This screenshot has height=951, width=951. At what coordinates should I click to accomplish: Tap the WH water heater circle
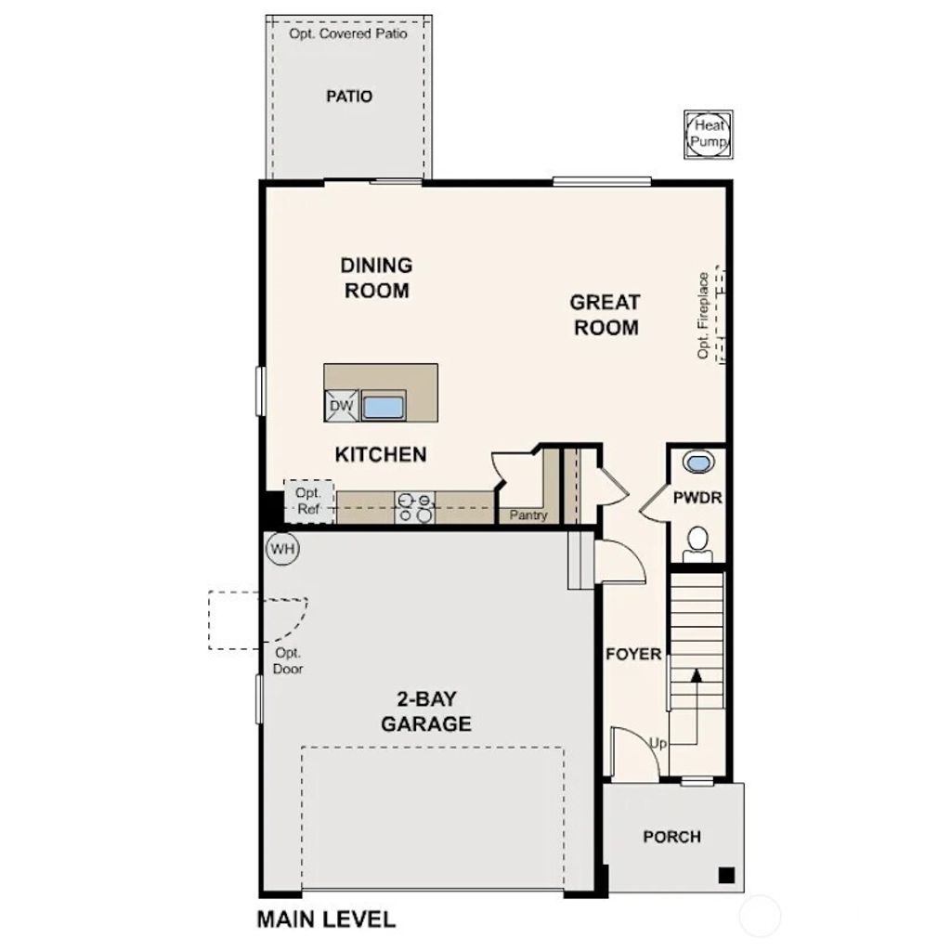pyautogui.click(x=283, y=549)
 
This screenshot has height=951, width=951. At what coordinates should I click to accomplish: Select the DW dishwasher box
pyautogui.click(x=341, y=406)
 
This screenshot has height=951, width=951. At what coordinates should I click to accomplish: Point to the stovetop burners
pyautogui.click(x=415, y=507)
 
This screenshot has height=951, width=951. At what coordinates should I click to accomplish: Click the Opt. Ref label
pyautogui.click(x=307, y=502)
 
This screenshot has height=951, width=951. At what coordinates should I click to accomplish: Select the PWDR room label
pyautogui.click(x=697, y=498)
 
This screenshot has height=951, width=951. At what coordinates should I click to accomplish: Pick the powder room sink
pyautogui.click(x=697, y=462)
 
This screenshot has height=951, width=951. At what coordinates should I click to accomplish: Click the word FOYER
pyautogui.click(x=633, y=654)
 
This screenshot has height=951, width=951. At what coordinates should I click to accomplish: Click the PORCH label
pyautogui.click(x=671, y=837)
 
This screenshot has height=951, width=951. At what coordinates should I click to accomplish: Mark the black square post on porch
pyautogui.click(x=727, y=874)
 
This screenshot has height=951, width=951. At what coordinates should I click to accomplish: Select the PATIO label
pyautogui.click(x=349, y=97)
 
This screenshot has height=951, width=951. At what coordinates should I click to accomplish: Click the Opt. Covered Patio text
pyautogui.click(x=348, y=33)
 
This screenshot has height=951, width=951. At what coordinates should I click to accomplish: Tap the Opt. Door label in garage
pyautogui.click(x=287, y=660)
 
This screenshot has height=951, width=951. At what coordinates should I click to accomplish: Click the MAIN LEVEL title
pyautogui.click(x=326, y=919)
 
